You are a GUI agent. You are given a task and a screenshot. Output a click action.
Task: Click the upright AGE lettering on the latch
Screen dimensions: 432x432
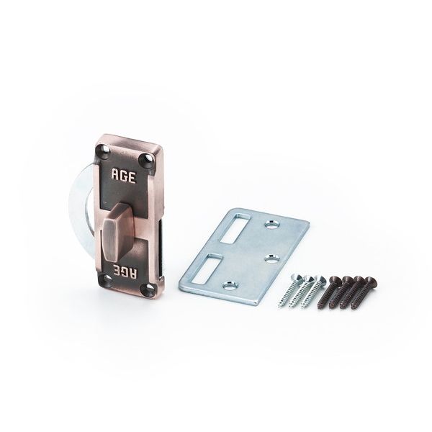tap(123, 176)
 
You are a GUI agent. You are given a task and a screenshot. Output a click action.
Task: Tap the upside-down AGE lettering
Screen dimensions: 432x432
tap(123, 271)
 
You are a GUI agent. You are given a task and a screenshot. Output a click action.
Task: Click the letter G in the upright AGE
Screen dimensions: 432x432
tap(123, 176)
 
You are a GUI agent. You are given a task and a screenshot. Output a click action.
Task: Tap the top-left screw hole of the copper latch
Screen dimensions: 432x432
tap(104, 151)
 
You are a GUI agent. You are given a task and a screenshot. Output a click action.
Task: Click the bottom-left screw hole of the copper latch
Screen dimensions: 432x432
tap(104, 279)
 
